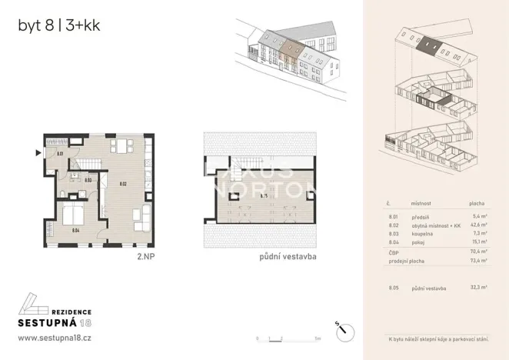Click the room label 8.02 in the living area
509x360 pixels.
click(x=121, y=184)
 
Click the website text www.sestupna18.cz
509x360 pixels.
click(x=55, y=338)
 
